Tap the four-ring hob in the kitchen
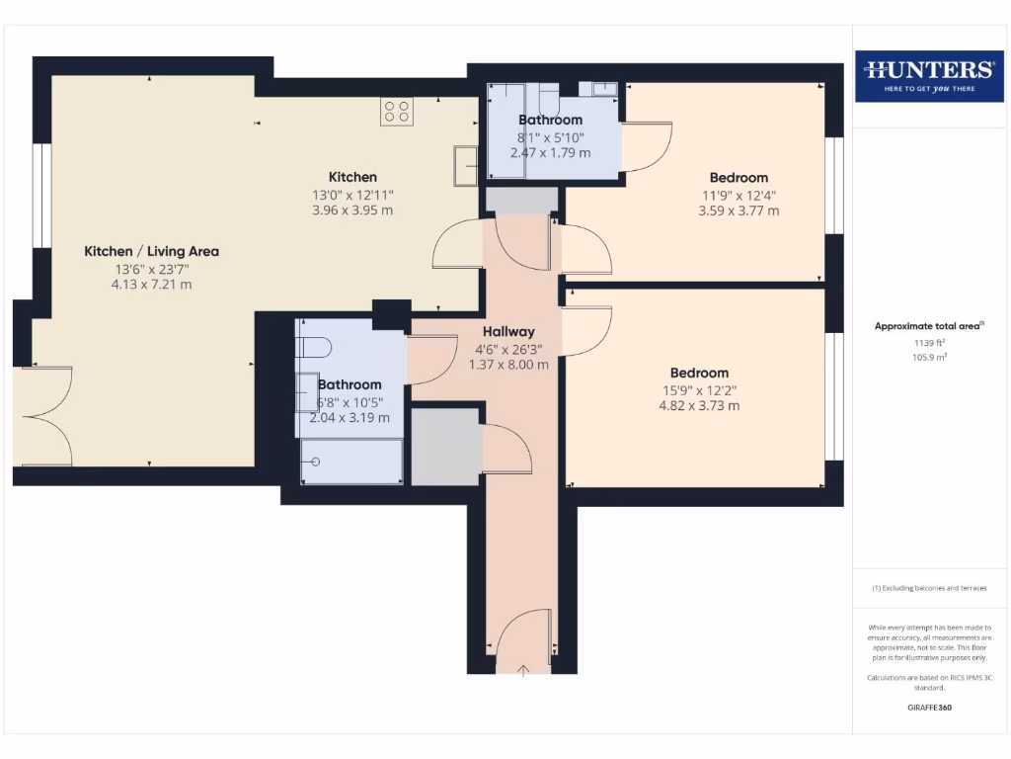[x=397, y=111]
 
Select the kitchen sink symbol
[x=464, y=165]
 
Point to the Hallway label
[x=508, y=332]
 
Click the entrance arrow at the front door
[x=523, y=670]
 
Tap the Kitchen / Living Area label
[x=151, y=251]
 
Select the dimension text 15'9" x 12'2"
[x=699, y=389]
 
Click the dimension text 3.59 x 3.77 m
[x=739, y=211]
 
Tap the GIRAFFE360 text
[x=929, y=708]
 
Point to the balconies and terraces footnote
[x=929, y=588]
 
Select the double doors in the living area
[x=44, y=416]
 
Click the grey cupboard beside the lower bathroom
[x=445, y=446]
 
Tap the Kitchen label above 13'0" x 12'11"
[x=352, y=177]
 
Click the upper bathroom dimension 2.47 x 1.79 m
[x=550, y=153]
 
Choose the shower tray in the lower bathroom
[x=351, y=462]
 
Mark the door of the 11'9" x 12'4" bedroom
[x=585, y=249]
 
